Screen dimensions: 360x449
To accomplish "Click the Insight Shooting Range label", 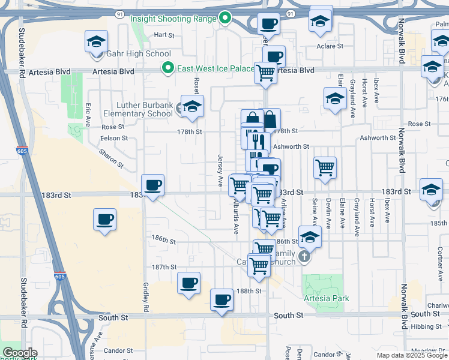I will click(173, 19).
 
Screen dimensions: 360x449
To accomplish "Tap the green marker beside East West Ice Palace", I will click(169, 68).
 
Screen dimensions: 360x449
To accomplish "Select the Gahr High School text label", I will click(139, 53).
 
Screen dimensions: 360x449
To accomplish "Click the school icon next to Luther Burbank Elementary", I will click(192, 107).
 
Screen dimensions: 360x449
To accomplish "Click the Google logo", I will click(20, 353).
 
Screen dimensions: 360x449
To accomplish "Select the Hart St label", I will click(164, 35).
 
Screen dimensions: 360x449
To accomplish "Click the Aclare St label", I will click(330, 46).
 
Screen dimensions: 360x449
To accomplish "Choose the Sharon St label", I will click(112, 158).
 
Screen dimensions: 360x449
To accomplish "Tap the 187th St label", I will click(164, 267).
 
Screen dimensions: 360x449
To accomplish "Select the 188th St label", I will click(249, 290).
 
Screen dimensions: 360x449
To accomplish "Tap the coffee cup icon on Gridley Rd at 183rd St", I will click(152, 185).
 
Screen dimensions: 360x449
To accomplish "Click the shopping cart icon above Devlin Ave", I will click(325, 167).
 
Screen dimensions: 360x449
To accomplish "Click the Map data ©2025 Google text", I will click(411, 355).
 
